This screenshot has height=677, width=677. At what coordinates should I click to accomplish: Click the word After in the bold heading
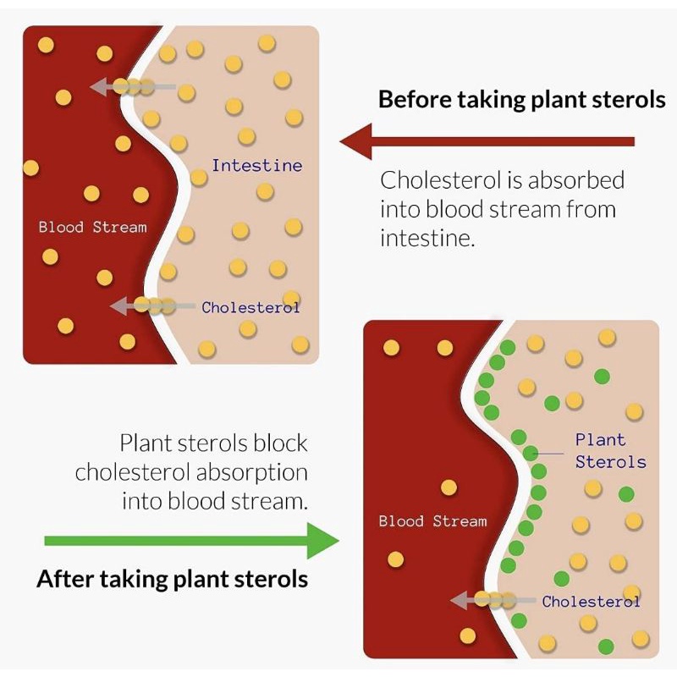tap(65, 580)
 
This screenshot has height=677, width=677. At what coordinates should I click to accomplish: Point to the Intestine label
tap(256, 165)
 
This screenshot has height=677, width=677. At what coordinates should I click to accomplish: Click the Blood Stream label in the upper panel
tap(92, 227)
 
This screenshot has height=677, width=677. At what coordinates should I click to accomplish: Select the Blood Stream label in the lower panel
tap(432, 521)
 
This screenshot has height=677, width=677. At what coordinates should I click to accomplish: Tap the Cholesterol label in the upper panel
tap(250, 307)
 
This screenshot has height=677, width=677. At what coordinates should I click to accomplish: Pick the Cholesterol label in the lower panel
tap(591, 602)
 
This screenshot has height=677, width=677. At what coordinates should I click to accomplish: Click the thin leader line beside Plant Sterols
tap(551, 454)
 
